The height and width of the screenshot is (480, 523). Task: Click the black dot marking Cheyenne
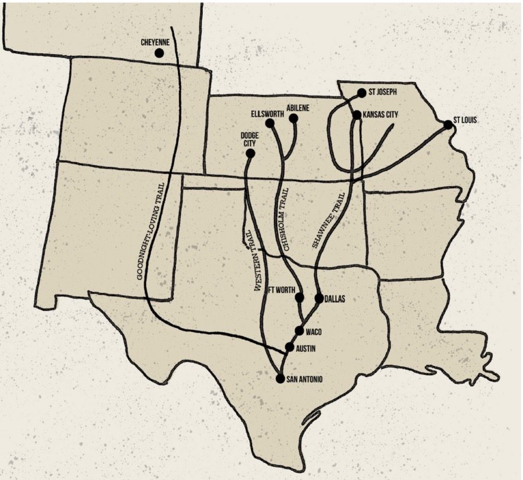159,53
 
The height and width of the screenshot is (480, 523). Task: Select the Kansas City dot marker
357,115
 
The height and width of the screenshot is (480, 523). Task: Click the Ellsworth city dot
270,123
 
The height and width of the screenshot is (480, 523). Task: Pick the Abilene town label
298,108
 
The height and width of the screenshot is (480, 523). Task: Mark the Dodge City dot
250,154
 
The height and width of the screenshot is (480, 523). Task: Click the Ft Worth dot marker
299,298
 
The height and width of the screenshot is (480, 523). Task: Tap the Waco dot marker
299,331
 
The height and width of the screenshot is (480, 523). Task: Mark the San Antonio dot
281,379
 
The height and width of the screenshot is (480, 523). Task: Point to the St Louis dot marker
448,125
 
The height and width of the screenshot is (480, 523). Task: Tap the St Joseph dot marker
361,93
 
